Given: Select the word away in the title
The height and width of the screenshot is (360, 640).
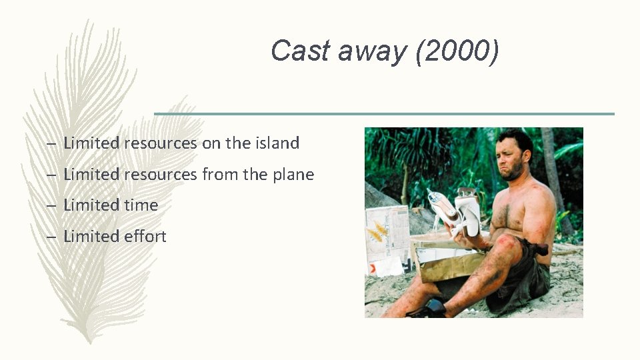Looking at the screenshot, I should pos(369,51).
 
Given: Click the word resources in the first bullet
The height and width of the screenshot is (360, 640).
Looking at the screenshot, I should pos(160,143).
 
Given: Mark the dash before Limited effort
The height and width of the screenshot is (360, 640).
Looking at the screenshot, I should pos(51,237).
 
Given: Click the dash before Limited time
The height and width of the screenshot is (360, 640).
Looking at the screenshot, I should pos(51,206).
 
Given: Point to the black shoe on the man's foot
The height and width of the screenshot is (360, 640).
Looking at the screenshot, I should pos(428,308).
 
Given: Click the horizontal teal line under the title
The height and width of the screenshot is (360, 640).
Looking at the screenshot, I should pos(384,114).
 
